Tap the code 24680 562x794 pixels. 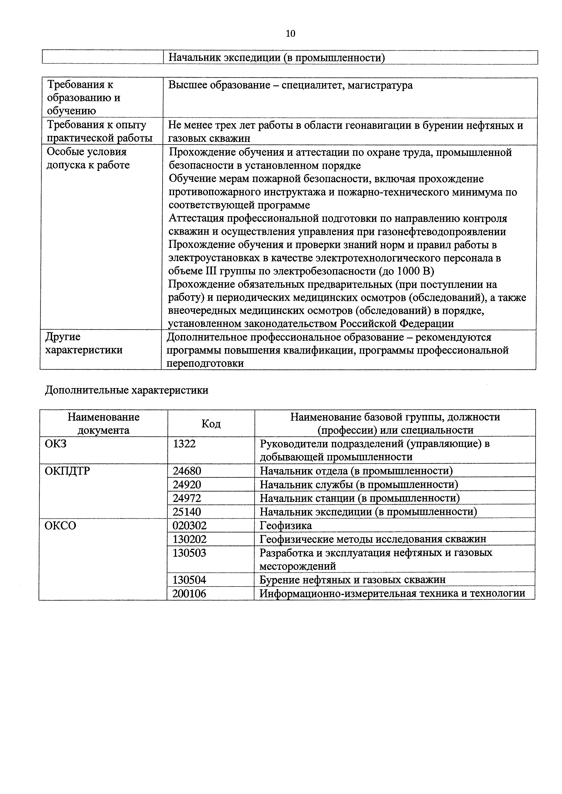187,471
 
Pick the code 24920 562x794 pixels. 187,485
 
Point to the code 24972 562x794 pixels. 187,498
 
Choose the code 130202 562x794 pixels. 189,539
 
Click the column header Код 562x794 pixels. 211,424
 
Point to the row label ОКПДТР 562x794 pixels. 68,471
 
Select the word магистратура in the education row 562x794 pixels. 380,85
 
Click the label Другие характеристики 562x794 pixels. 84,343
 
